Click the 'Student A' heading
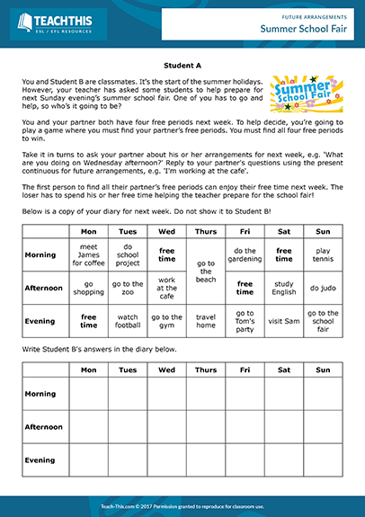pos(182,66)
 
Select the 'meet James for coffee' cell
pos(89,255)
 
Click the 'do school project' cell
pos(128,255)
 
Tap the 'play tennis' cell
pos(323,255)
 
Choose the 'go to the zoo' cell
pos(128,289)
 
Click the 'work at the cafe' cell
pos(166,289)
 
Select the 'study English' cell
pos(283,289)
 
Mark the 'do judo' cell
pos(323,289)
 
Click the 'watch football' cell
pos(128,321)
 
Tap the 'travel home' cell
pos(206,321)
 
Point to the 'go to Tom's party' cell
pos(245,321)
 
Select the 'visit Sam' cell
pos(283,321)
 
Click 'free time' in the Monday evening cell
pos(89,321)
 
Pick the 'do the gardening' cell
pos(245,255)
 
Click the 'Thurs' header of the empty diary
pos(206,369)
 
